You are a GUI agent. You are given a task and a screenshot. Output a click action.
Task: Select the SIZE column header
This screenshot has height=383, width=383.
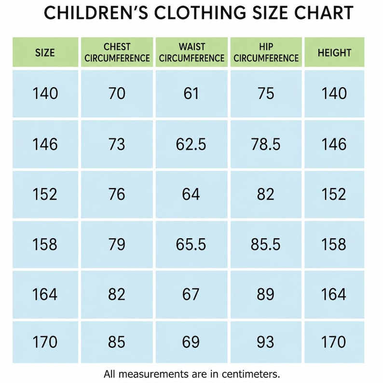coord(45,53)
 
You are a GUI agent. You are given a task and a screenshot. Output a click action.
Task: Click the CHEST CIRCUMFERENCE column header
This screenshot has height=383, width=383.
coord(117,52)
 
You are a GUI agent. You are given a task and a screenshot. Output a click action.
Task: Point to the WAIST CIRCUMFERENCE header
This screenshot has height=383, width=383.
coord(191,52)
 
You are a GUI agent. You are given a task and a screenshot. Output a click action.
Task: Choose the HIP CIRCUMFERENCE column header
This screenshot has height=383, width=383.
coord(266,52)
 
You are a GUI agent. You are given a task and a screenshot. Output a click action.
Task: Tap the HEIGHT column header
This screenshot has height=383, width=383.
coord(334,53)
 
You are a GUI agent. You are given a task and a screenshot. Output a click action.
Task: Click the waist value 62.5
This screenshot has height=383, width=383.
coord(191,144)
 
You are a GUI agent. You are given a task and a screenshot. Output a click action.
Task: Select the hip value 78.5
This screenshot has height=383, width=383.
coord(266,144)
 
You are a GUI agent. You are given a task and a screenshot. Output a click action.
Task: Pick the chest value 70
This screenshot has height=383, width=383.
coord(117,93)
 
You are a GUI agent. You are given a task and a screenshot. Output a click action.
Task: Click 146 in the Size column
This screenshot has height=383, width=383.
coord(45,144)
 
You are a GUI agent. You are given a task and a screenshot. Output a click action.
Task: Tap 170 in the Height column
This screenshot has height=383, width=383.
coord(334,342)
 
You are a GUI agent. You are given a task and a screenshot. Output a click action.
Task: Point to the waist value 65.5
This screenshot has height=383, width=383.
coord(191,244)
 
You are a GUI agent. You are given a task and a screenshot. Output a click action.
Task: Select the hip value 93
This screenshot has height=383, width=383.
coord(265,342)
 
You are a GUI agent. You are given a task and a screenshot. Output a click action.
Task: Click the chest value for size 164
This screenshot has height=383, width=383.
coord(117,294)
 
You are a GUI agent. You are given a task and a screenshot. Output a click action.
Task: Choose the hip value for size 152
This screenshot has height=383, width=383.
coord(265,194)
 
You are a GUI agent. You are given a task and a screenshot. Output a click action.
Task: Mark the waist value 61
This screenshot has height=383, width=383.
coord(191,93)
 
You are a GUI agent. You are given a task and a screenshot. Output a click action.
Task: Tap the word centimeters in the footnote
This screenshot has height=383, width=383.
coord(251,374)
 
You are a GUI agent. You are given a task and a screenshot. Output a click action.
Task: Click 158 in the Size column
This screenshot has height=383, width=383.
coord(45,244)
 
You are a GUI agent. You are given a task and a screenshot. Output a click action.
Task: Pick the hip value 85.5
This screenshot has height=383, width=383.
coord(266,244)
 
